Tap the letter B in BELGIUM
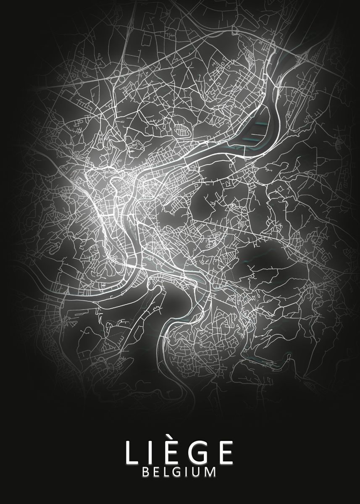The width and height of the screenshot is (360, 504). tap(145, 472)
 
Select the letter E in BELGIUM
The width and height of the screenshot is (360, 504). tap(155, 472)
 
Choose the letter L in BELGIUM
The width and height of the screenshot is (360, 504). tap(166, 472)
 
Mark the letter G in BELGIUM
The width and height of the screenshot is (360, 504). tap(176, 472)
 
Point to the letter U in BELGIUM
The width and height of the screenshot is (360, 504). tap(195, 472)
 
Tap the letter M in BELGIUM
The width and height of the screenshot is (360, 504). tap(209, 472)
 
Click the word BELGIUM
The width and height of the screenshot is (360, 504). tap(179, 472)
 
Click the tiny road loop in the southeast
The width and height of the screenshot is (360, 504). tap(289, 357)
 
